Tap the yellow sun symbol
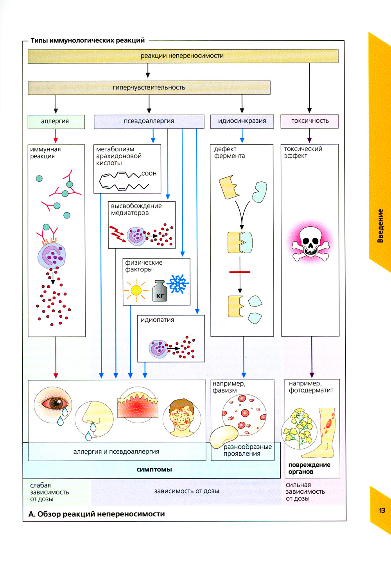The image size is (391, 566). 136,290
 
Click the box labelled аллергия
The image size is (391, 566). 56,121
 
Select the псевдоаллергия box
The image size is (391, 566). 149,121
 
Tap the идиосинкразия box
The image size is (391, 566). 242,121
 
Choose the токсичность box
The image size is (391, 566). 310,121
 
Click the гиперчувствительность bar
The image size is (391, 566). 149,88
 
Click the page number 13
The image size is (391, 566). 382,510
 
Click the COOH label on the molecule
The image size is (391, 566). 149,174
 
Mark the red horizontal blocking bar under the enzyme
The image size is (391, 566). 240,272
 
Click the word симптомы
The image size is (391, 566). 154,469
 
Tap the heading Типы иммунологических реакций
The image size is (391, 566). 88,40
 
